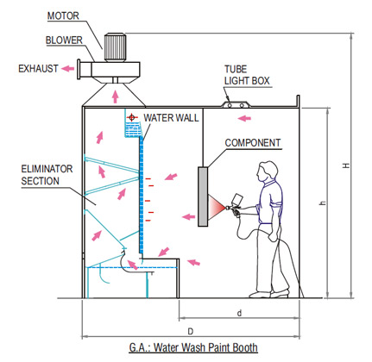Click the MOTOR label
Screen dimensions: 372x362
[x=63, y=16]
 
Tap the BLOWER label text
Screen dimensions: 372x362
[x=64, y=41]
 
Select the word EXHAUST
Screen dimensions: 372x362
[x=38, y=69]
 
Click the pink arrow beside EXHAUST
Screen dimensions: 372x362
[x=68, y=68]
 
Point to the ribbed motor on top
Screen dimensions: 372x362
[x=115, y=47]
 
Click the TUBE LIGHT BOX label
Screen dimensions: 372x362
[x=247, y=75]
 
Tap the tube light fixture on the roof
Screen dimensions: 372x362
[x=236, y=104]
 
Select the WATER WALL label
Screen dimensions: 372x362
[x=171, y=118]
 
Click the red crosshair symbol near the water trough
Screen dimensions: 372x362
[x=132, y=117]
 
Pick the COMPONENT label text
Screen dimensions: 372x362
[x=253, y=143]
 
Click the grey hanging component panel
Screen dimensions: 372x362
[x=203, y=197]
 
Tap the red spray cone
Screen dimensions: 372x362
[x=217, y=207]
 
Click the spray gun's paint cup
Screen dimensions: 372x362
[x=238, y=199]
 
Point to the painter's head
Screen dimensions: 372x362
[x=268, y=171]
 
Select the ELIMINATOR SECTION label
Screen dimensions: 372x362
[x=47, y=175]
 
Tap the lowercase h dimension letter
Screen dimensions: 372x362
[x=323, y=203]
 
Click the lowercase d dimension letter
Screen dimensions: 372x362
[x=239, y=313]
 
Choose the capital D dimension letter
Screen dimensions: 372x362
[x=191, y=332]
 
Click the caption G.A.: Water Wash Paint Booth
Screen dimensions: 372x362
[x=193, y=347]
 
